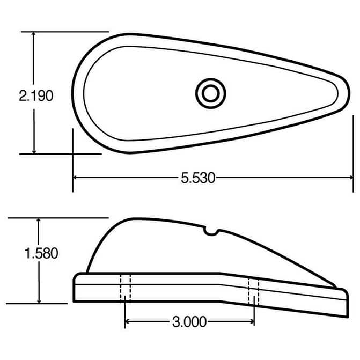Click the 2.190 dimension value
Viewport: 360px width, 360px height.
pyautogui.click(x=36, y=96)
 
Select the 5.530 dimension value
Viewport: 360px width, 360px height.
pyautogui.click(x=197, y=178)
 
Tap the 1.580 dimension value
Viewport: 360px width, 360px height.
pyautogui.click(x=41, y=253)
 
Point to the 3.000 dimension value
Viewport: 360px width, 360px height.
pyautogui.click(x=189, y=322)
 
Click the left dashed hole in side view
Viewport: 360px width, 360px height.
pyautogui.click(x=125, y=288)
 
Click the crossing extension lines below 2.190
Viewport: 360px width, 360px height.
pyautogui.click(x=73, y=153)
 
